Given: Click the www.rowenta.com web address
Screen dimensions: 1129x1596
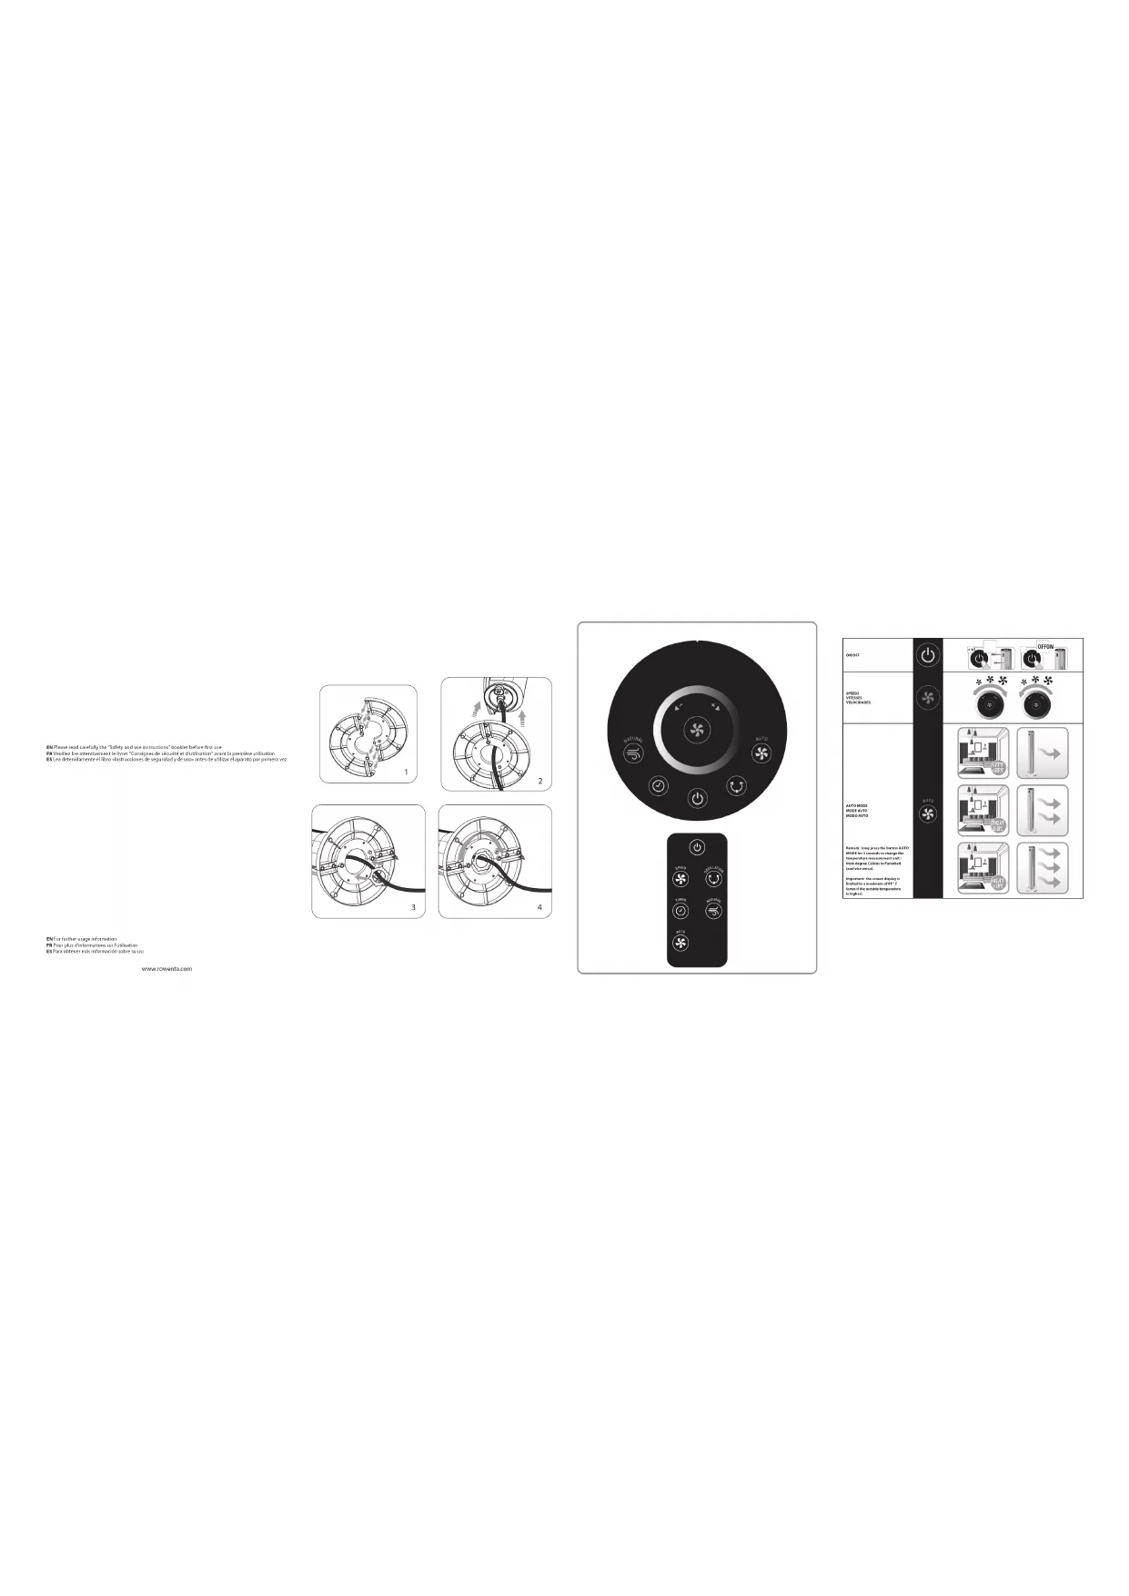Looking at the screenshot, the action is point(166,969).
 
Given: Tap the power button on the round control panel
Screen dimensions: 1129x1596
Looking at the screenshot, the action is point(697,798).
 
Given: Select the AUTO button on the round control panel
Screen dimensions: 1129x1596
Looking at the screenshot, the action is point(761,753).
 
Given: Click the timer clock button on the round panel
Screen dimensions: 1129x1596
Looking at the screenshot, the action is point(658,785).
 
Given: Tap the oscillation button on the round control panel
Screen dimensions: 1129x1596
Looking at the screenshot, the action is point(736,785).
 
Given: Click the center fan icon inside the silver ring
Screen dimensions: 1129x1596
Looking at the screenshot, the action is point(697,728).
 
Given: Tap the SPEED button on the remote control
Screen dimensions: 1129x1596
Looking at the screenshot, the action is point(680,879).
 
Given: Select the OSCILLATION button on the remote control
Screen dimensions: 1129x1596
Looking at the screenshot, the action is point(714,879).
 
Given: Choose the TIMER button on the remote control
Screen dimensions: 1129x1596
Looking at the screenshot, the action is point(680,910).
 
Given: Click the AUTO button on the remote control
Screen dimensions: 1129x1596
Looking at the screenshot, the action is point(680,942).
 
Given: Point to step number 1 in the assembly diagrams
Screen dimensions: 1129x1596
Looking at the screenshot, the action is point(406,772).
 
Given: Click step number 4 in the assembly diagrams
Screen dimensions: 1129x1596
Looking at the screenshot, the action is point(539,907).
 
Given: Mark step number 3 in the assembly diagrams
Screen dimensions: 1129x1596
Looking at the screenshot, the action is point(413,907).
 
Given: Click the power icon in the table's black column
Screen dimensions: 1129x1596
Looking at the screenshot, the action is point(927,655).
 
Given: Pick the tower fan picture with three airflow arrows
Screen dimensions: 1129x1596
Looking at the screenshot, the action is point(1042,868).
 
